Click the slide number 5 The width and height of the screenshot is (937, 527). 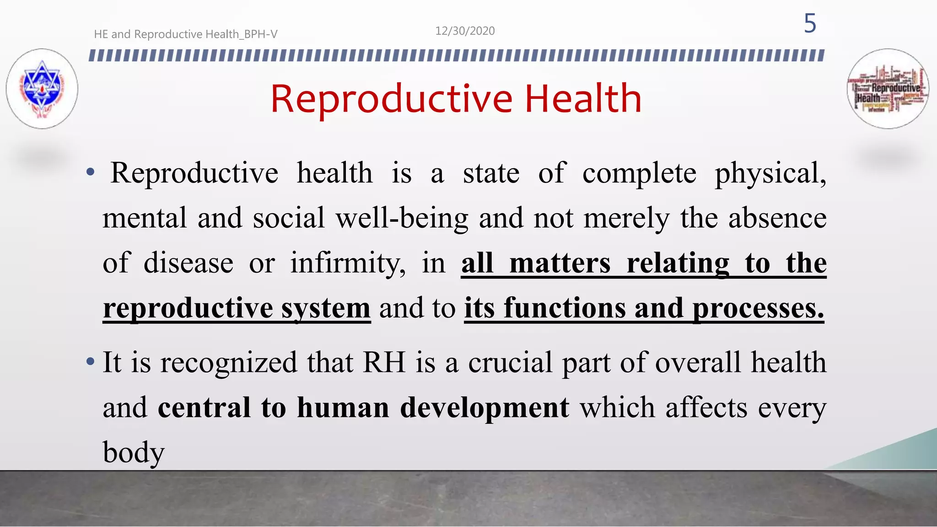tap(810, 23)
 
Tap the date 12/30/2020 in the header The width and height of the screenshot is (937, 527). tap(465, 31)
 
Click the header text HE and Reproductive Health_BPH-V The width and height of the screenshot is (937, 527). tap(185, 34)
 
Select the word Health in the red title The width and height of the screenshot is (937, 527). tap(583, 99)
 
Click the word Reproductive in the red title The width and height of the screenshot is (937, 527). tap(392, 99)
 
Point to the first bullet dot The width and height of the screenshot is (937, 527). tap(91, 173)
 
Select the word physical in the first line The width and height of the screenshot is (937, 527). tap(770, 174)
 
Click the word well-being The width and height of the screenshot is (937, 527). tap(402, 218)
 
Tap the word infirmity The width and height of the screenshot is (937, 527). tap(347, 263)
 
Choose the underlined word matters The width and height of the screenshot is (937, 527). tap(560, 263)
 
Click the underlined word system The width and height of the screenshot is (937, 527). tap(325, 308)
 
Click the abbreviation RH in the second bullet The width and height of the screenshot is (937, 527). tap(384, 362)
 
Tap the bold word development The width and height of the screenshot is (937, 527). tap(485, 407)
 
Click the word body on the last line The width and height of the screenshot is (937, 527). tap(133, 453)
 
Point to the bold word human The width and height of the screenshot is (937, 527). tap(343, 407)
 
